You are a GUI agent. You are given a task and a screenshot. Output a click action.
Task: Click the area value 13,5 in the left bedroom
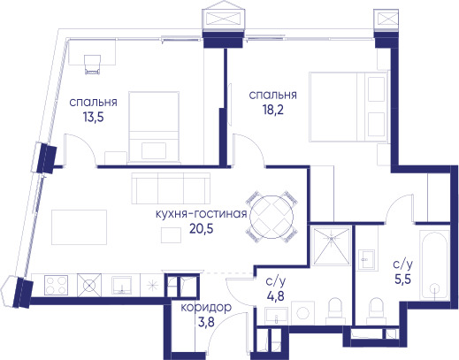(94, 118)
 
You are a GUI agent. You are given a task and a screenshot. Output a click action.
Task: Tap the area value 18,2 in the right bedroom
(273, 110)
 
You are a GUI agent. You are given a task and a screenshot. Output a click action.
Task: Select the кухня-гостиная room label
(201, 214)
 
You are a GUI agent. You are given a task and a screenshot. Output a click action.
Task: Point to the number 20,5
(202, 228)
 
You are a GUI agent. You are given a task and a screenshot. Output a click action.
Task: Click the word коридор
(206, 308)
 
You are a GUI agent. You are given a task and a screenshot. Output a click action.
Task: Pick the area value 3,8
(206, 322)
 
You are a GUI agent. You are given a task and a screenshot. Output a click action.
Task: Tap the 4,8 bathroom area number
(276, 295)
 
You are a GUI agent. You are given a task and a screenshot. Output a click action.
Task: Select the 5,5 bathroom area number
(402, 279)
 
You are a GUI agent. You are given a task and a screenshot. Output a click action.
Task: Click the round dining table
(272, 217)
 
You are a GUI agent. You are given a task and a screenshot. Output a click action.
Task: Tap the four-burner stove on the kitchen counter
(56, 285)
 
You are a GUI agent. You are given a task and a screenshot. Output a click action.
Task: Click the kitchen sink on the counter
(121, 285)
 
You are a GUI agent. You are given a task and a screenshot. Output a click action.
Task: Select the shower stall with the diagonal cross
(332, 246)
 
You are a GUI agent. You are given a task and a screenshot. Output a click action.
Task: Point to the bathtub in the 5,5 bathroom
(434, 264)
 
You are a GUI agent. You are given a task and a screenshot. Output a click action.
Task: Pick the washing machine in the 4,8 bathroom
(303, 313)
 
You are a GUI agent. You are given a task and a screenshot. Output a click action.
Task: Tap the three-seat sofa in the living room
(171, 188)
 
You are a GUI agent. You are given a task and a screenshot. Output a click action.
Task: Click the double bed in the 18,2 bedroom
(348, 107)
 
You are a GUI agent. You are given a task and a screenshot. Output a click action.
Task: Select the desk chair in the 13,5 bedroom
(92, 65)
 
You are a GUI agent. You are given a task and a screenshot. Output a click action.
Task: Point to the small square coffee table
(171, 235)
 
